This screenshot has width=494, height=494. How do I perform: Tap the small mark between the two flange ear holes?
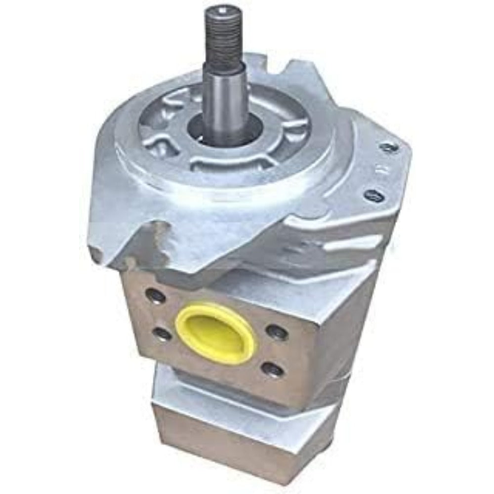point(382,170)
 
